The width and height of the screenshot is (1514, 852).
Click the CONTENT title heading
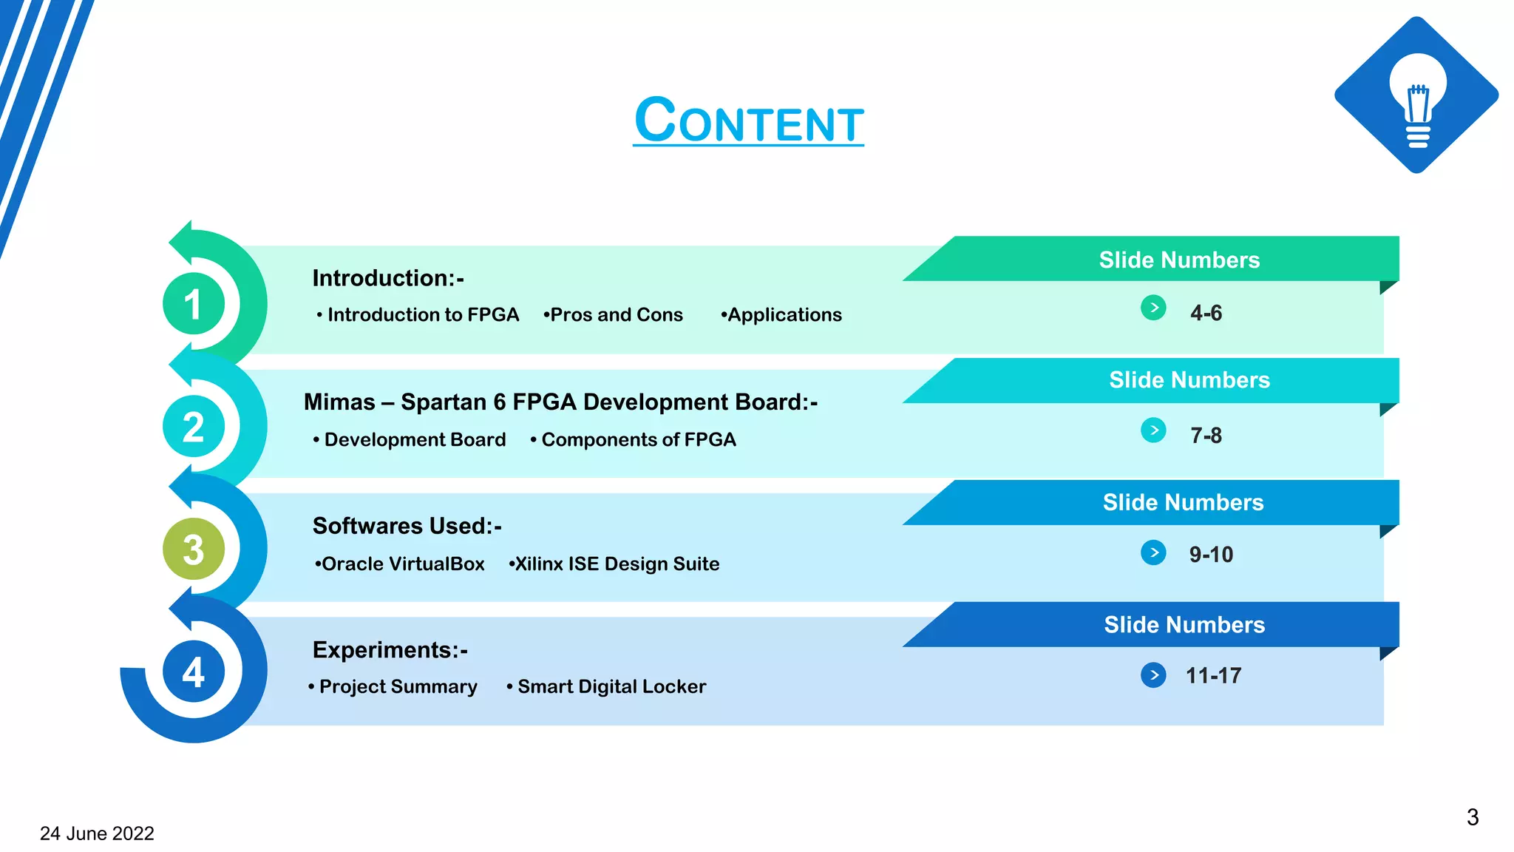(x=748, y=121)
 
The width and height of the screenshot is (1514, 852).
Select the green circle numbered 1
(x=193, y=304)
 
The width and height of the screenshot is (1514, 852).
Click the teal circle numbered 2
(x=193, y=427)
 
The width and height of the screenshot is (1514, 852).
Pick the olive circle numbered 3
(x=193, y=550)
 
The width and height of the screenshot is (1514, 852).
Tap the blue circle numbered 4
(x=193, y=672)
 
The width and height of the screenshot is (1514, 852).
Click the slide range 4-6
(x=1206, y=313)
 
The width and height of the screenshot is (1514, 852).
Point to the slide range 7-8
(x=1206, y=436)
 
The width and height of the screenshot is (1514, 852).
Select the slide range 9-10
(x=1211, y=555)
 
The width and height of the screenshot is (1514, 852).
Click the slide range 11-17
(x=1213, y=676)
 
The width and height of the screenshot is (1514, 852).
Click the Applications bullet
(x=783, y=315)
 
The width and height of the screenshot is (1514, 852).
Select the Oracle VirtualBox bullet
(x=401, y=564)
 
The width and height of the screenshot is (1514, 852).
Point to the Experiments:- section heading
(x=390, y=650)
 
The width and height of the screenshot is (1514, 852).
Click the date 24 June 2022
(x=97, y=834)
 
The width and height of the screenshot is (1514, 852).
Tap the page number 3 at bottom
(x=1472, y=817)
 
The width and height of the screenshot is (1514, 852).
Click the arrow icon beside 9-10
(x=1153, y=552)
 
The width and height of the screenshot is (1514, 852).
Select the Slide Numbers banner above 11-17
(x=1184, y=625)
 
